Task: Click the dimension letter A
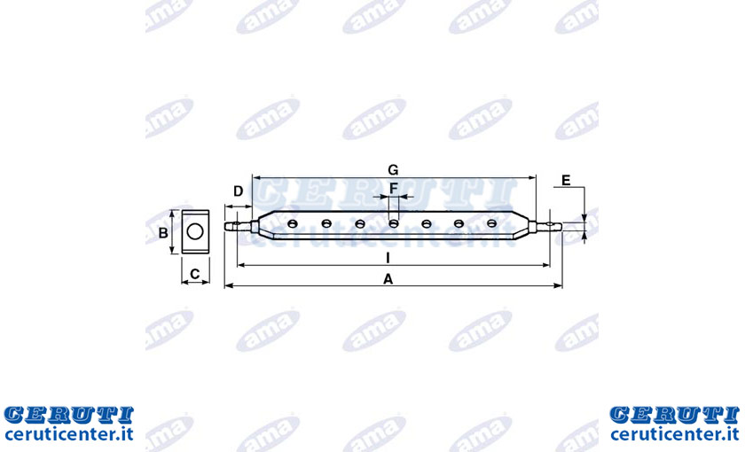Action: pyautogui.click(x=388, y=279)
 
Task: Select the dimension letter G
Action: pyautogui.click(x=393, y=169)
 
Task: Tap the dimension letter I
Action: pyautogui.click(x=388, y=258)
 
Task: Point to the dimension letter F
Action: pyautogui.click(x=394, y=189)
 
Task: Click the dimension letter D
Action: pyautogui.click(x=239, y=191)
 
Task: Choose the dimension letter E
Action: pyautogui.click(x=566, y=181)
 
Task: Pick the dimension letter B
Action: pyautogui.click(x=163, y=233)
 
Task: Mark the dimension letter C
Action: pyautogui.click(x=195, y=274)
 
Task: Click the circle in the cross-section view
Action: pyautogui.click(x=195, y=231)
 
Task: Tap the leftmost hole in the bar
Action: pyautogui.click(x=293, y=223)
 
